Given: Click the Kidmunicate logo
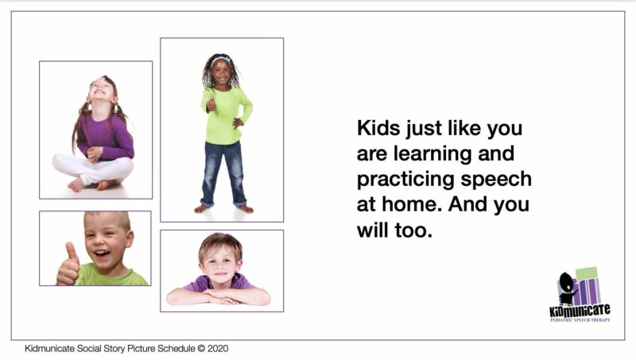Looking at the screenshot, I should click(x=580, y=294).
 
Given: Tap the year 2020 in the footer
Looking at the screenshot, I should click(x=217, y=348).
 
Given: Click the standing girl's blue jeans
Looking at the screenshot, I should click(x=223, y=171).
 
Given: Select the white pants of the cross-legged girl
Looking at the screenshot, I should click(x=94, y=168).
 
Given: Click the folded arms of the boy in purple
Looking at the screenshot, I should click(x=218, y=296).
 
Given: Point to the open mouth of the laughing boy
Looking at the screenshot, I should click(x=103, y=255).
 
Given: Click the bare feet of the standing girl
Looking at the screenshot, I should click(x=223, y=209).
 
